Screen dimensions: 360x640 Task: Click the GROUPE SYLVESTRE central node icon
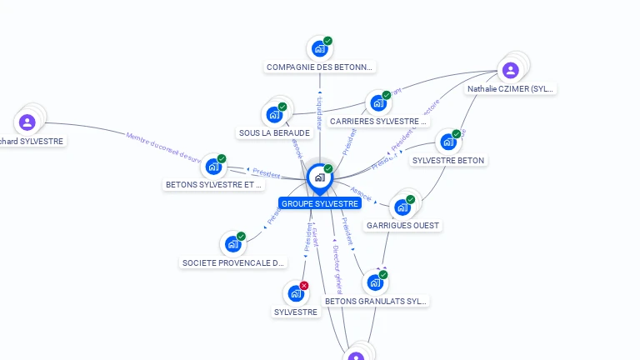pyautogui.click(x=319, y=177)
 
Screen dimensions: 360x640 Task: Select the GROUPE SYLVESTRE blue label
pyautogui.click(x=320, y=203)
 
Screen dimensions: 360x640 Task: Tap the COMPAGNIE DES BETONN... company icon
pyautogui.click(x=319, y=49)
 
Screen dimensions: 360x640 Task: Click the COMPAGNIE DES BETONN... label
pyautogui.click(x=320, y=67)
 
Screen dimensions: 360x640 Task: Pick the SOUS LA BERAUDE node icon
pyautogui.click(x=274, y=115)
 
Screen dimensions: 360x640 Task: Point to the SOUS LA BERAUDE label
pyautogui.click(x=274, y=132)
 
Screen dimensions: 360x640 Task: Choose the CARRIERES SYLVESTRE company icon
pyautogui.click(x=378, y=104)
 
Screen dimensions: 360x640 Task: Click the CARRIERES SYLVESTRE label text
pyautogui.click(x=378, y=122)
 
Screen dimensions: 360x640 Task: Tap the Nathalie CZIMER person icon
pyautogui.click(x=511, y=70)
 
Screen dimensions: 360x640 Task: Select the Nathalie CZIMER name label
pyautogui.click(x=510, y=88)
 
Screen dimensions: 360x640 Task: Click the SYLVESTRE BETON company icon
pyautogui.click(x=448, y=142)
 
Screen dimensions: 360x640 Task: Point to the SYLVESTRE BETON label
pyautogui.click(x=448, y=160)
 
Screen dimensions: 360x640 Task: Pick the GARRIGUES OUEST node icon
pyautogui.click(x=402, y=207)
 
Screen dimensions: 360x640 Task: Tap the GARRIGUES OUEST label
pyautogui.click(x=402, y=225)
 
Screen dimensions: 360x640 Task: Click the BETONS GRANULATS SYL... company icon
pyautogui.click(x=375, y=283)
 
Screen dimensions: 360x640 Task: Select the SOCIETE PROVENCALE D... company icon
pyautogui.click(x=232, y=245)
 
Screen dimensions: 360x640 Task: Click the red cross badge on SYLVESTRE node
pyautogui.click(x=304, y=286)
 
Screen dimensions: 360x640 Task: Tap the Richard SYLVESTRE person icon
pyautogui.click(x=27, y=122)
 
